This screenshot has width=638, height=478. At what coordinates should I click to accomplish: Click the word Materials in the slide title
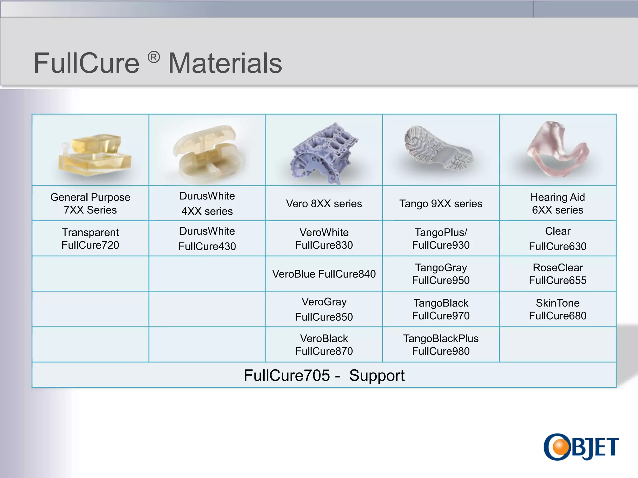(225, 63)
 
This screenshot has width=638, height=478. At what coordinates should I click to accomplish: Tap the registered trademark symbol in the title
(154, 57)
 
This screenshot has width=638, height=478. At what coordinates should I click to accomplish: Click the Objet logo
(581, 447)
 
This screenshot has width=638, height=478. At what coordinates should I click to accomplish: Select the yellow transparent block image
(94, 155)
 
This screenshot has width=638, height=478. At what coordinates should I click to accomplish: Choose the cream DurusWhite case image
(208, 152)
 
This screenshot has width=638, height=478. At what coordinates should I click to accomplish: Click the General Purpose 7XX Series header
(90, 204)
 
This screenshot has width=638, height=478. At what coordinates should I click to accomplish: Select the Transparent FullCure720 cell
(90, 239)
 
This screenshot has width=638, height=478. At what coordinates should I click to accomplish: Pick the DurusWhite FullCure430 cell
(207, 239)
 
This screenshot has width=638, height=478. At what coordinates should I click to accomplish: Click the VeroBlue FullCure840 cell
(324, 274)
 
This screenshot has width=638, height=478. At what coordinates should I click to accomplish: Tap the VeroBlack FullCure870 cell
(324, 345)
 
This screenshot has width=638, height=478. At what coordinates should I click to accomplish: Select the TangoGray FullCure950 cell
(441, 274)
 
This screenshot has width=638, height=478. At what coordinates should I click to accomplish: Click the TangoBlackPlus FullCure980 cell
(441, 345)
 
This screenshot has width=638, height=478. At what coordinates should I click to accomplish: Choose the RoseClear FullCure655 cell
(558, 274)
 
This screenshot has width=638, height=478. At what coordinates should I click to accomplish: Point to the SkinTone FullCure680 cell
(558, 309)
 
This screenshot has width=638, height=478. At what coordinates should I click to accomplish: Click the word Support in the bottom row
(377, 375)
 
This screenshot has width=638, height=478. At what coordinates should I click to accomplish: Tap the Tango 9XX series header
(441, 204)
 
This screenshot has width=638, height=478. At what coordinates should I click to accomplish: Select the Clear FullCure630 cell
(558, 239)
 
